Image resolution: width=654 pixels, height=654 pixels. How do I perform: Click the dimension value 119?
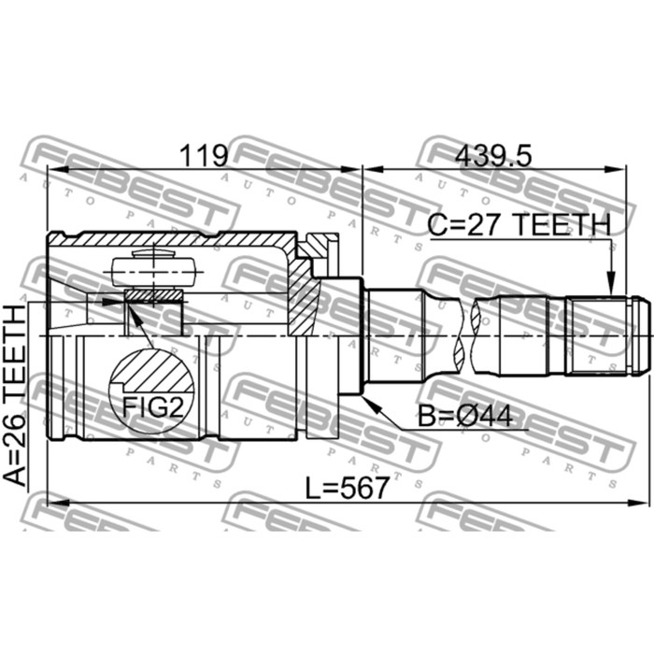[x=204, y=155]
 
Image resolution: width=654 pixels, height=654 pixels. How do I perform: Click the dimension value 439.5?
[x=493, y=157]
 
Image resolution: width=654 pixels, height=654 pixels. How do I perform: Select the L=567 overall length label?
[x=347, y=488]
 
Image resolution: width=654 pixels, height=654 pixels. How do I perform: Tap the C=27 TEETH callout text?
[x=519, y=224]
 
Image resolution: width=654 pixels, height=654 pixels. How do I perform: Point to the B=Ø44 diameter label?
[x=465, y=416]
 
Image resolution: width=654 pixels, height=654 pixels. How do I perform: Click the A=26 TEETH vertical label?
[x=15, y=395]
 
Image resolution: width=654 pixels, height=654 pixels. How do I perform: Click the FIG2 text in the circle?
[x=152, y=407]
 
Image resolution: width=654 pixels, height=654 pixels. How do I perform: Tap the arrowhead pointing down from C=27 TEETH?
[x=611, y=283]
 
